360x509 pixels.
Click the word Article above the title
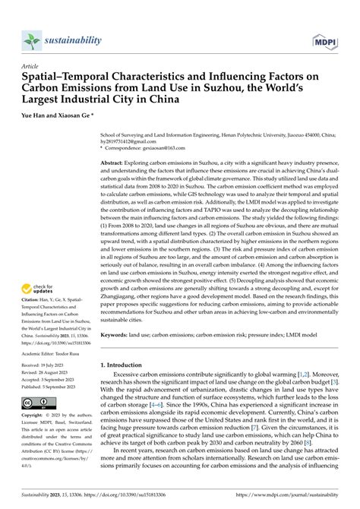coord(32,66)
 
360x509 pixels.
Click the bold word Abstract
coord(114,163)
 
